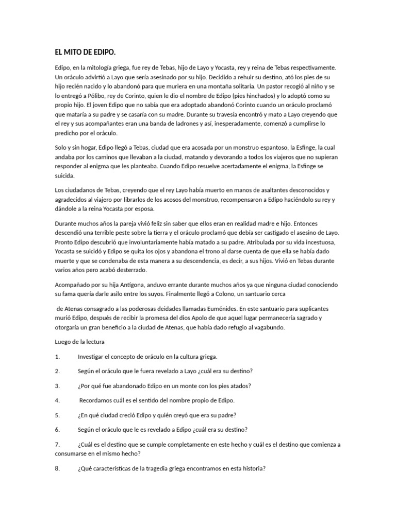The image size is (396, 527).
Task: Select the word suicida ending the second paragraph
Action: (65, 176)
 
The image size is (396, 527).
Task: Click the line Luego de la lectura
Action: (80, 342)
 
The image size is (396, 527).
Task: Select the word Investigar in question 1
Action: (92, 356)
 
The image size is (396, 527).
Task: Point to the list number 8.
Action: (58, 469)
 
